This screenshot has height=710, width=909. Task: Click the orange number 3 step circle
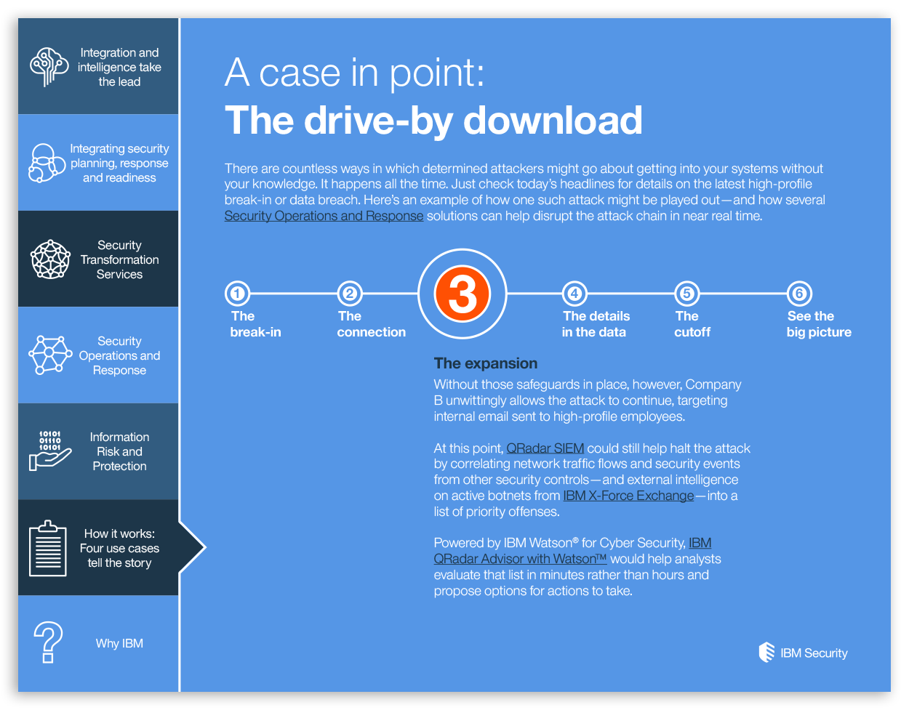click(462, 294)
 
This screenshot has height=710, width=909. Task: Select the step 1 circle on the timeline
click(237, 294)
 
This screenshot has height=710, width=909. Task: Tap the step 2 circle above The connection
click(350, 294)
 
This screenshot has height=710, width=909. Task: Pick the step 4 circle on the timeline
click(574, 294)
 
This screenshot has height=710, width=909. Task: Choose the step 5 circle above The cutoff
click(687, 294)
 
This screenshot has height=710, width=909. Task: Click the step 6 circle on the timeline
click(799, 294)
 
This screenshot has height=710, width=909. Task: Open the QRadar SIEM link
click(545, 448)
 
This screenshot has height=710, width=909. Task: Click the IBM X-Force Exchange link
click(628, 496)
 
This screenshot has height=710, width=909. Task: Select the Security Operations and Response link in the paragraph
click(324, 216)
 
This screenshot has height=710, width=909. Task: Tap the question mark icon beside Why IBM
click(48, 642)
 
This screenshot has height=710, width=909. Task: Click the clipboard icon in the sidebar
click(48, 548)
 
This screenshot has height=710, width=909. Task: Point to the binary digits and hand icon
click(49, 451)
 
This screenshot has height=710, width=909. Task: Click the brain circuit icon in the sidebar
click(49, 67)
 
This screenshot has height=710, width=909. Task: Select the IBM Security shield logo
click(766, 652)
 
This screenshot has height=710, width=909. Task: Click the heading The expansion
click(486, 363)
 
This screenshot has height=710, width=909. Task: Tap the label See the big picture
click(819, 324)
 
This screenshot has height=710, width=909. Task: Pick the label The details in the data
click(596, 324)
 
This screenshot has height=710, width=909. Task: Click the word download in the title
click(553, 121)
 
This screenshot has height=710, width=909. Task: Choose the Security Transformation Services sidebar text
click(120, 259)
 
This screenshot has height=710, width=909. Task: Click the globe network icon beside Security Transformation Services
click(50, 259)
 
